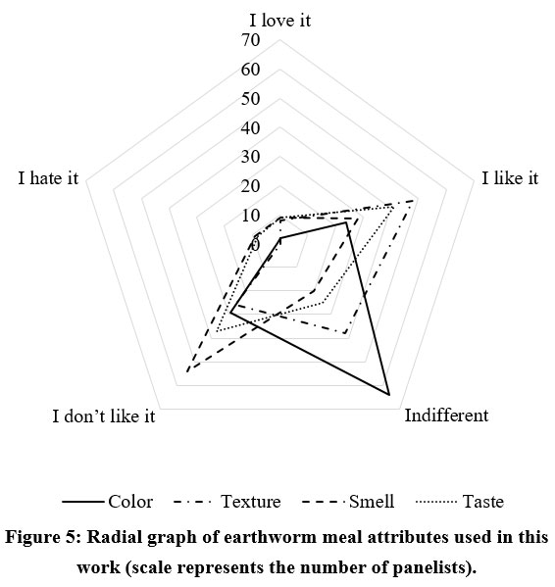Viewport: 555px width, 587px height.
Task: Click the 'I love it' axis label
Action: point(279,20)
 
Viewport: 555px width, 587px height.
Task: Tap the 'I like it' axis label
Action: point(510,177)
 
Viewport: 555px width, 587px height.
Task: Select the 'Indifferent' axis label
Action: point(446,416)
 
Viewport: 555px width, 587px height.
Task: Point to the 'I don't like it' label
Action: point(103,416)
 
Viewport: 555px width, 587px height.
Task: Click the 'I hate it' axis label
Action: point(48,177)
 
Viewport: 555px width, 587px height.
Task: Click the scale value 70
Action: point(251,39)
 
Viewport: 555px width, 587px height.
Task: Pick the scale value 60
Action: point(251,70)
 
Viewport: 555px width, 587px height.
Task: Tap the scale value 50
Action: point(251,98)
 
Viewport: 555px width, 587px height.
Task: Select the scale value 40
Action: point(251,128)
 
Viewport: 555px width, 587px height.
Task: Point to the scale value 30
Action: point(251,157)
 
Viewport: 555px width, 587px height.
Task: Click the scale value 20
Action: point(251,186)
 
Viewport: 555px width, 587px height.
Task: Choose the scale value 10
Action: point(251,216)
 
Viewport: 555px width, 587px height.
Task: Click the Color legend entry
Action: point(108,502)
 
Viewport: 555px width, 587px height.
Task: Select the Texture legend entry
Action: point(227,502)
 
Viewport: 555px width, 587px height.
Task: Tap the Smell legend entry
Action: point(348,502)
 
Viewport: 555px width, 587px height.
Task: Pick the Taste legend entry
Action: point(460,502)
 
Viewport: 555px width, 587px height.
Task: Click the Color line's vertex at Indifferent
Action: point(389,395)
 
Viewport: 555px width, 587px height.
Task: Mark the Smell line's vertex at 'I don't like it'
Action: point(187,371)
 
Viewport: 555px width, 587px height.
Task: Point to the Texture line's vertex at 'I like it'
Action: point(413,201)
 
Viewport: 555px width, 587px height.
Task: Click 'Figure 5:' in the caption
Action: point(43,538)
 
